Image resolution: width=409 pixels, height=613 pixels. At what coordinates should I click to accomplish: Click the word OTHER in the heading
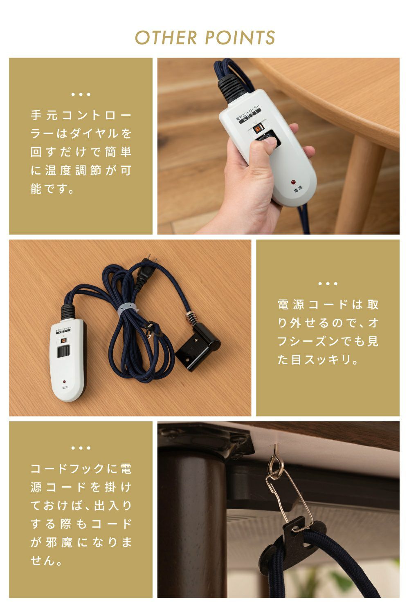[x=166, y=38]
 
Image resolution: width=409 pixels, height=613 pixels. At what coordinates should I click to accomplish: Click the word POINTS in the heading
[x=240, y=38]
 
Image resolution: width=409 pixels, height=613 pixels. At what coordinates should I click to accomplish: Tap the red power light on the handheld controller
[x=293, y=182]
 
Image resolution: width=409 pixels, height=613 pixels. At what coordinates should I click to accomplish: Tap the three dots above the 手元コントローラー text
[x=81, y=94]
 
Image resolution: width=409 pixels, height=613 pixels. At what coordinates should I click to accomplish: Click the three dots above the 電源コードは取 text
[x=328, y=284]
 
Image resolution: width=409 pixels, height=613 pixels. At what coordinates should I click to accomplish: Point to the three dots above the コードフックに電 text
[x=81, y=448]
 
